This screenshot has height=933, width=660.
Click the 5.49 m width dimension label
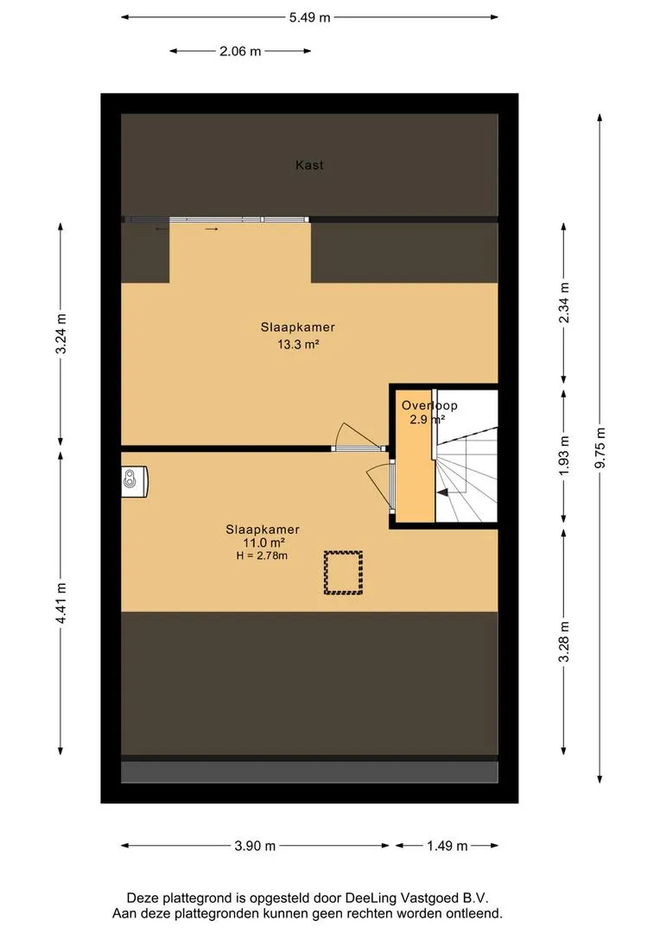[309, 17]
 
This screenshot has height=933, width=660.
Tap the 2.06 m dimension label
[240, 51]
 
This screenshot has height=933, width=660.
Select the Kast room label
[309, 165]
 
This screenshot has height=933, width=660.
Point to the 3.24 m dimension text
[60, 333]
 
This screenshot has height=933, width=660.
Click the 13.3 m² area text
[298, 344]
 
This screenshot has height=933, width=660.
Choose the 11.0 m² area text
[263, 543]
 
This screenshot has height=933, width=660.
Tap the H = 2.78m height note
[262, 555]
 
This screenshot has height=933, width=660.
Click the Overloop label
[429, 405]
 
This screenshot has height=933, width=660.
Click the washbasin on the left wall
[135, 481]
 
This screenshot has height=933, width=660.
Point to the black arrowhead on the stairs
[443, 492]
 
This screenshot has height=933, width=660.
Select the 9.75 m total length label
[600, 447]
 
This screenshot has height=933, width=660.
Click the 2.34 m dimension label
[563, 303]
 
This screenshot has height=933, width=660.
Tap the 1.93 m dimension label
[563, 455]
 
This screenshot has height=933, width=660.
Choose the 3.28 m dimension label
[563, 641]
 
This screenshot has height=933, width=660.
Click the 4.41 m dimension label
[60, 603]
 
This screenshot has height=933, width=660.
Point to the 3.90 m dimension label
[255, 846]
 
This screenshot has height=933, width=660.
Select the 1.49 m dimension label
[447, 846]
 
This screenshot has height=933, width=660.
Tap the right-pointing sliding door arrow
[212, 229]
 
